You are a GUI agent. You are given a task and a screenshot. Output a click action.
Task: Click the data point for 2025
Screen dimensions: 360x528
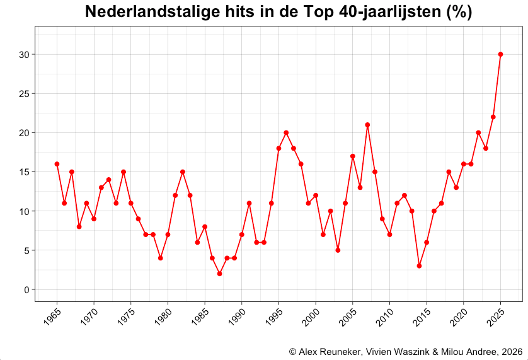(x=500, y=54)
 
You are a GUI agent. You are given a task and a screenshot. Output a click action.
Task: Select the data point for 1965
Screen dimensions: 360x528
(x=57, y=164)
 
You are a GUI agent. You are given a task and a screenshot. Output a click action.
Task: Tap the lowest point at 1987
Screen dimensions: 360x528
(x=219, y=274)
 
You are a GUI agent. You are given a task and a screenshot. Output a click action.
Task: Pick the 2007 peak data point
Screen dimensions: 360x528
(x=367, y=125)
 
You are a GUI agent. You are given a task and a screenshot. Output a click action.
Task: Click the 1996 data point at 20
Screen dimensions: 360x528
(x=286, y=132)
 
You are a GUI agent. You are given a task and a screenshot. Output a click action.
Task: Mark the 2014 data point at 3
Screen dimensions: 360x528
(x=419, y=266)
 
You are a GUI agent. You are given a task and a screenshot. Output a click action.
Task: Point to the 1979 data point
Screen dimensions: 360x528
(x=161, y=258)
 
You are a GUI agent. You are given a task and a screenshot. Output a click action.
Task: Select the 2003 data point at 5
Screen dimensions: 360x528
(x=338, y=250)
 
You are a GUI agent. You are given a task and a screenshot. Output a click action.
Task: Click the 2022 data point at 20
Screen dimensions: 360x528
(x=478, y=132)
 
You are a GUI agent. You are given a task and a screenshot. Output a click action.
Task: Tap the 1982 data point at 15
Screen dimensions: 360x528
(x=183, y=171)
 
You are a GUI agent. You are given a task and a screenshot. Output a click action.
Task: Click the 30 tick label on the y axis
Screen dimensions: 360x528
(x=24, y=55)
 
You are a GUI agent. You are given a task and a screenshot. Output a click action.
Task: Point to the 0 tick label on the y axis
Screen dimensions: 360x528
(x=26, y=290)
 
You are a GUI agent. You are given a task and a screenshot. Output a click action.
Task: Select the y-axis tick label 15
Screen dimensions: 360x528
(x=24, y=172)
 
